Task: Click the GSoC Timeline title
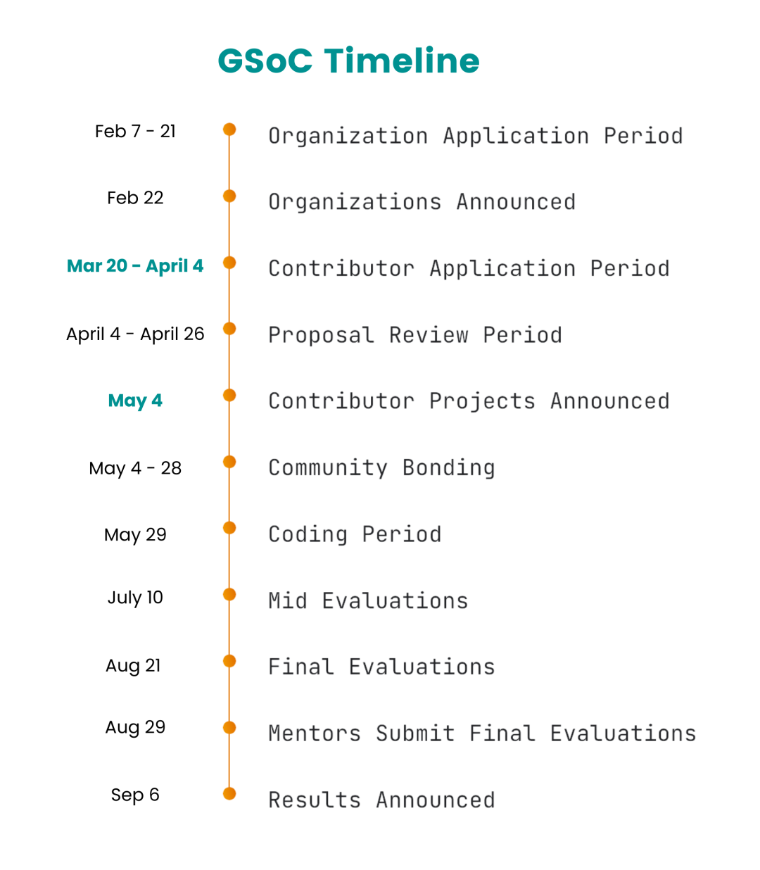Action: (x=348, y=61)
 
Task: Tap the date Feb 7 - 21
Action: (x=135, y=132)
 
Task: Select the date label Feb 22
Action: (x=135, y=198)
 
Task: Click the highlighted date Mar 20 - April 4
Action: (x=135, y=266)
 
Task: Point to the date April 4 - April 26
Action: (x=135, y=334)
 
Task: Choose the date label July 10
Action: (x=135, y=598)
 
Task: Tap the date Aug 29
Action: (x=135, y=728)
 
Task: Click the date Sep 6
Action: (x=135, y=795)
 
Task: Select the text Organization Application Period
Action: (x=476, y=136)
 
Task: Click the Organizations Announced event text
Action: (x=422, y=202)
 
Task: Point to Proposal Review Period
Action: (x=415, y=335)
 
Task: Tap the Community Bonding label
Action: (x=381, y=468)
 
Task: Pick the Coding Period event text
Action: (x=355, y=534)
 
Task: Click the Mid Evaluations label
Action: (x=368, y=601)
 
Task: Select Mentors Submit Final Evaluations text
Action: (x=483, y=733)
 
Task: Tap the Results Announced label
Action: (x=381, y=800)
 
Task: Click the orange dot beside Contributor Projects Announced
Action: (x=229, y=396)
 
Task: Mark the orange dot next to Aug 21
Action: (x=229, y=661)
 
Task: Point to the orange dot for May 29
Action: (x=229, y=528)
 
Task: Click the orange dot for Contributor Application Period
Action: (x=229, y=263)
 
